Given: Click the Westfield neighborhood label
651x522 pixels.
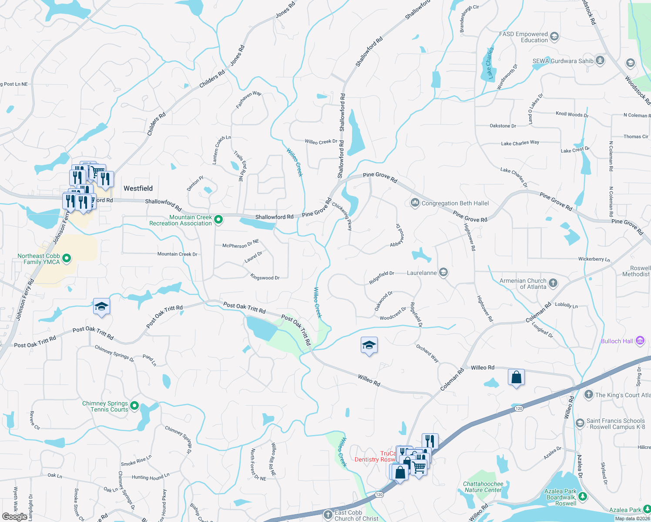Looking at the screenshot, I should (x=138, y=188).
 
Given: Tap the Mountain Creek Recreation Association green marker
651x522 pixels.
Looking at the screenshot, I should (x=219, y=220).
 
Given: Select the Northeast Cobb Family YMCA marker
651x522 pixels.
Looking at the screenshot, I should (x=67, y=259).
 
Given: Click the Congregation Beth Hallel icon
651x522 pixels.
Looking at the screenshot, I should (x=415, y=203).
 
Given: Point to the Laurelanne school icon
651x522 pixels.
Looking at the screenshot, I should (x=443, y=272).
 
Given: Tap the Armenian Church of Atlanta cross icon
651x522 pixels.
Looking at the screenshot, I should (x=553, y=284).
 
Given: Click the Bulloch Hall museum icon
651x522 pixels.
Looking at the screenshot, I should (x=640, y=341).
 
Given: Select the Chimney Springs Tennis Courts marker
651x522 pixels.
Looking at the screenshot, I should (x=134, y=406).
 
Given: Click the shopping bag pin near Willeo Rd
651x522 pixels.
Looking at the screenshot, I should (x=516, y=377).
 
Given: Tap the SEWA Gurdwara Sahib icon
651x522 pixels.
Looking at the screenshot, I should (x=600, y=60).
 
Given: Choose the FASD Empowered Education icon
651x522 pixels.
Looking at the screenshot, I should (x=554, y=37).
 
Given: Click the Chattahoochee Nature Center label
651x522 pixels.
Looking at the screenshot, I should (x=483, y=487).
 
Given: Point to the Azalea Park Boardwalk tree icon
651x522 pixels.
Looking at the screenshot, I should (x=583, y=497).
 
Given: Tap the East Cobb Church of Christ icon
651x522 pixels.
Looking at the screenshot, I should (x=328, y=515).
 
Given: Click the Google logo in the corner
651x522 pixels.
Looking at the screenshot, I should (x=14, y=516).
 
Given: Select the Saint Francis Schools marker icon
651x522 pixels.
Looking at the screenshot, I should (x=580, y=423).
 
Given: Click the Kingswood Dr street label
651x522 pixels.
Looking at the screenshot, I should (x=265, y=277).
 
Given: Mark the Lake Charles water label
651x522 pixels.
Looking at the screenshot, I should (x=490, y=64).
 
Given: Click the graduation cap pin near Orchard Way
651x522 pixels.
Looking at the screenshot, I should (x=369, y=346).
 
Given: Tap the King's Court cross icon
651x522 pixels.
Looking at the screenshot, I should (x=589, y=395).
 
